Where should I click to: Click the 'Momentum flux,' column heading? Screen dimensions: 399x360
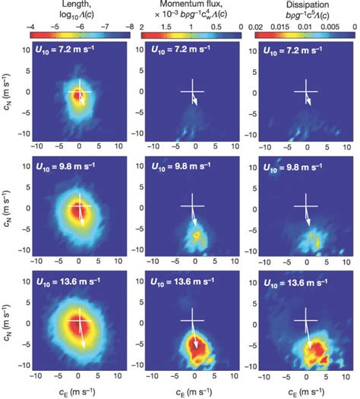click(x=193, y=5)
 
